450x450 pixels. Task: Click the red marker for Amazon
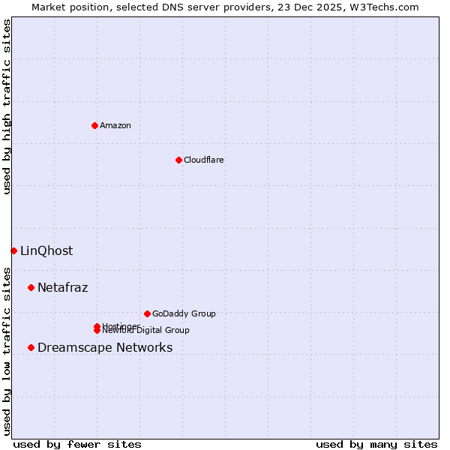click(94, 125)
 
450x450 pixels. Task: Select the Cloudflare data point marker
click(178, 160)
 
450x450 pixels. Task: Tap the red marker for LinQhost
click(13, 250)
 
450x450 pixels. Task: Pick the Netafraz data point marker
click(31, 287)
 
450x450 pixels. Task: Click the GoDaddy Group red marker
click(147, 313)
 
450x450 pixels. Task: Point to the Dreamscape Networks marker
click(31, 347)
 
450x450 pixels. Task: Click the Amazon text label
click(115, 125)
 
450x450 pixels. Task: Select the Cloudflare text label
click(204, 160)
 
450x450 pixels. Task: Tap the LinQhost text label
click(46, 250)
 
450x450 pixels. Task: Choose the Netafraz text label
click(63, 287)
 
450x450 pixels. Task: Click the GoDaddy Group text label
click(184, 313)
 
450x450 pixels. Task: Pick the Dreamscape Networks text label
click(105, 347)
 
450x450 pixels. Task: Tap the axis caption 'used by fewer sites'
click(77, 444)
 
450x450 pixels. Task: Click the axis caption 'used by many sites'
click(376, 444)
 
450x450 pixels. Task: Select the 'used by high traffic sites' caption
click(7, 106)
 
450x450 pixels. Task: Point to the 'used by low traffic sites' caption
click(7, 350)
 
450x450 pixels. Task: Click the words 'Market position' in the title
click(65, 7)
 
